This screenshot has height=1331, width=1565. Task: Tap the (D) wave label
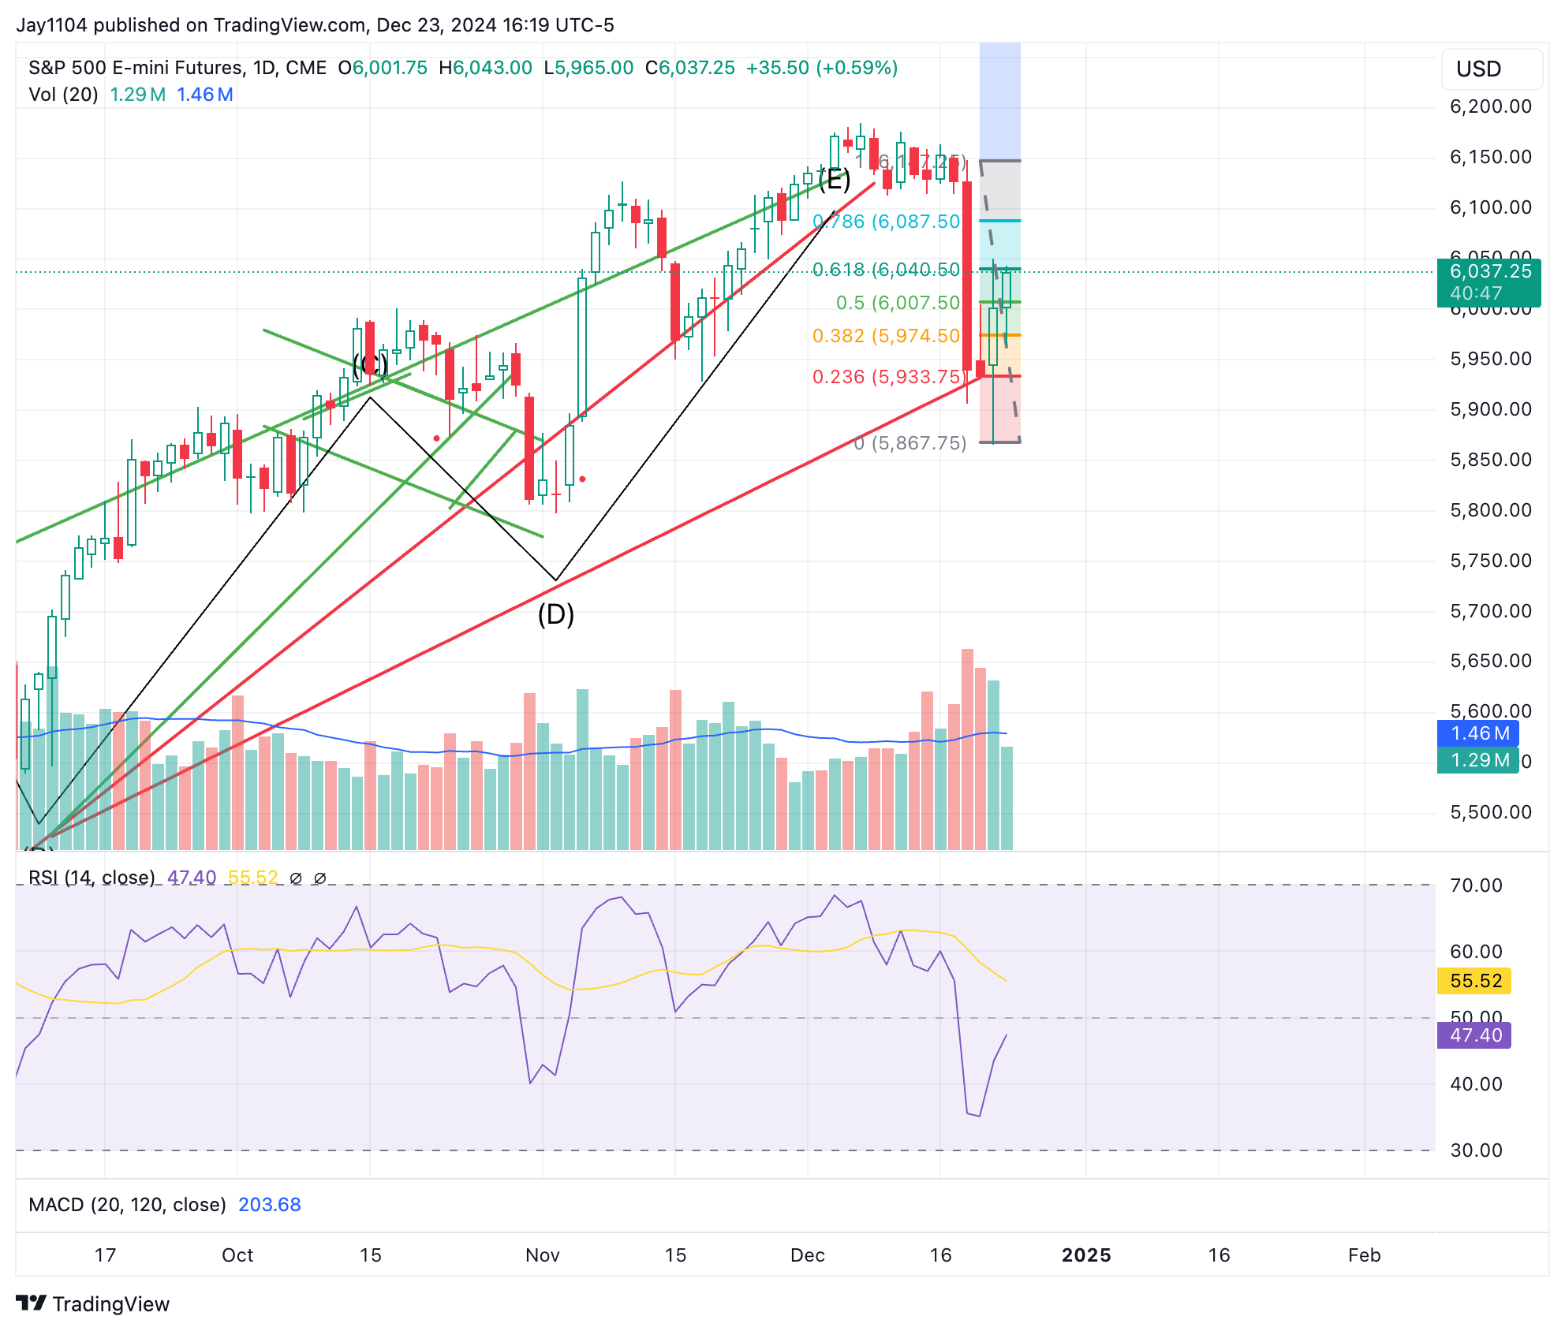(x=556, y=614)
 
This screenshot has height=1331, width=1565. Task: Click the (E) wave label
(x=834, y=180)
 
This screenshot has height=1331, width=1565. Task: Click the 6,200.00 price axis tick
(x=1490, y=106)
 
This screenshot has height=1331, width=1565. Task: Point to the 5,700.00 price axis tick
(x=1490, y=611)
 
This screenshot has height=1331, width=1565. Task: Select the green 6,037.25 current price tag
(x=1488, y=282)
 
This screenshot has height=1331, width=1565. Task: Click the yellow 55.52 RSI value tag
(x=1474, y=981)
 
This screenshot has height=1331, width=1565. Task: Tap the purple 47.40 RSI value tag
(x=1474, y=1035)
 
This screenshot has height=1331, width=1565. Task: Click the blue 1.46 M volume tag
(x=1477, y=733)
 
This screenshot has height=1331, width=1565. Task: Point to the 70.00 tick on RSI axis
(x=1476, y=885)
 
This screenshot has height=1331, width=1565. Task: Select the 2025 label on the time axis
(x=1086, y=1255)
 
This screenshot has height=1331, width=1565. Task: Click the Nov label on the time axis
(x=543, y=1255)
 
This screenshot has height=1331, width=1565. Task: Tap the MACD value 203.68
(x=270, y=1205)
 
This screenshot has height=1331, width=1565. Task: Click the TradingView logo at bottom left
(x=93, y=1304)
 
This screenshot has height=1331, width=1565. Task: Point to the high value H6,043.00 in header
(x=486, y=68)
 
